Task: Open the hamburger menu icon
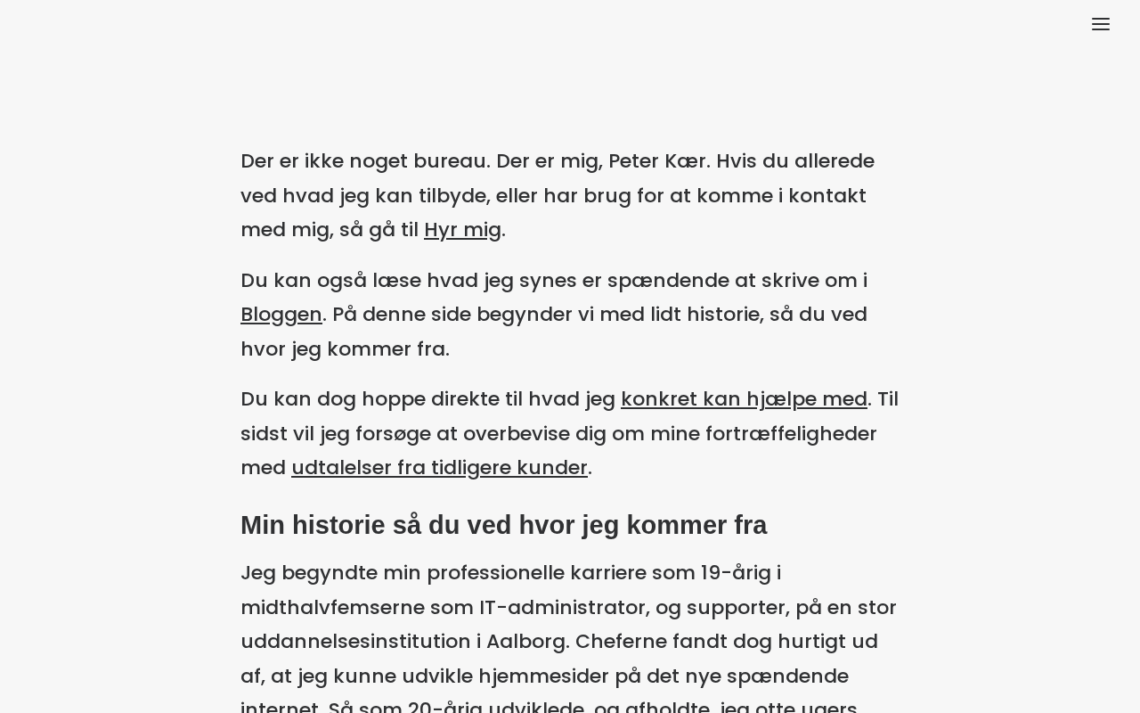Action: tap(1101, 25)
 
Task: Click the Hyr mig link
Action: tap(462, 230)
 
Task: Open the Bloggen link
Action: tap(281, 315)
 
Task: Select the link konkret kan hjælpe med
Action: tap(744, 399)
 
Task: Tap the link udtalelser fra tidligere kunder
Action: tap(439, 468)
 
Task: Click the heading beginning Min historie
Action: tap(503, 525)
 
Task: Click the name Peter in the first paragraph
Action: tap(633, 161)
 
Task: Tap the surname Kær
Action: tap(686, 161)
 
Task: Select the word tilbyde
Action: tap(452, 196)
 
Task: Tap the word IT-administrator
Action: tap(563, 608)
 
